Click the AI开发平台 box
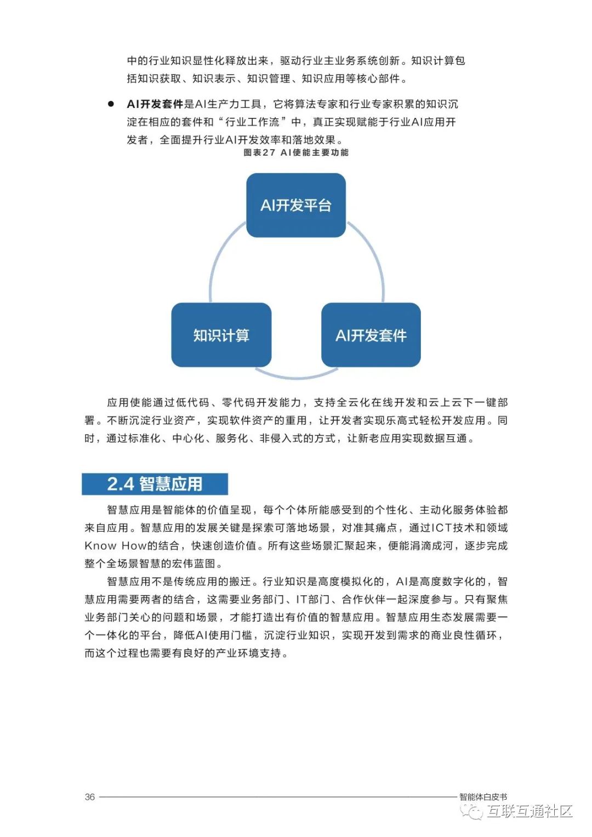tap(296, 205)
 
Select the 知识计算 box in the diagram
tap(221, 335)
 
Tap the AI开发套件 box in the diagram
tap(371, 335)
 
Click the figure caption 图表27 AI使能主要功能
tap(296, 152)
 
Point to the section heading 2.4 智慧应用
tap(155, 484)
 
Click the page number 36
tap(90, 796)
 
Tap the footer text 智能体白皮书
tap(483, 796)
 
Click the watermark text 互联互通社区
tap(529, 811)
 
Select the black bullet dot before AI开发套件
tap(111, 104)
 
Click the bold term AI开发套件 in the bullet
tap(155, 104)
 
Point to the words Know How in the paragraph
tap(115, 545)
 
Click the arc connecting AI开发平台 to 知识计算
tap(219, 258)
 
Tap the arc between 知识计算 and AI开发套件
tap(296, 377)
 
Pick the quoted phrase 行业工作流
tap(252, 122)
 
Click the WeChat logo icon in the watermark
tap(472, 812)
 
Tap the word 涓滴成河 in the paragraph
tap(431, 545)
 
